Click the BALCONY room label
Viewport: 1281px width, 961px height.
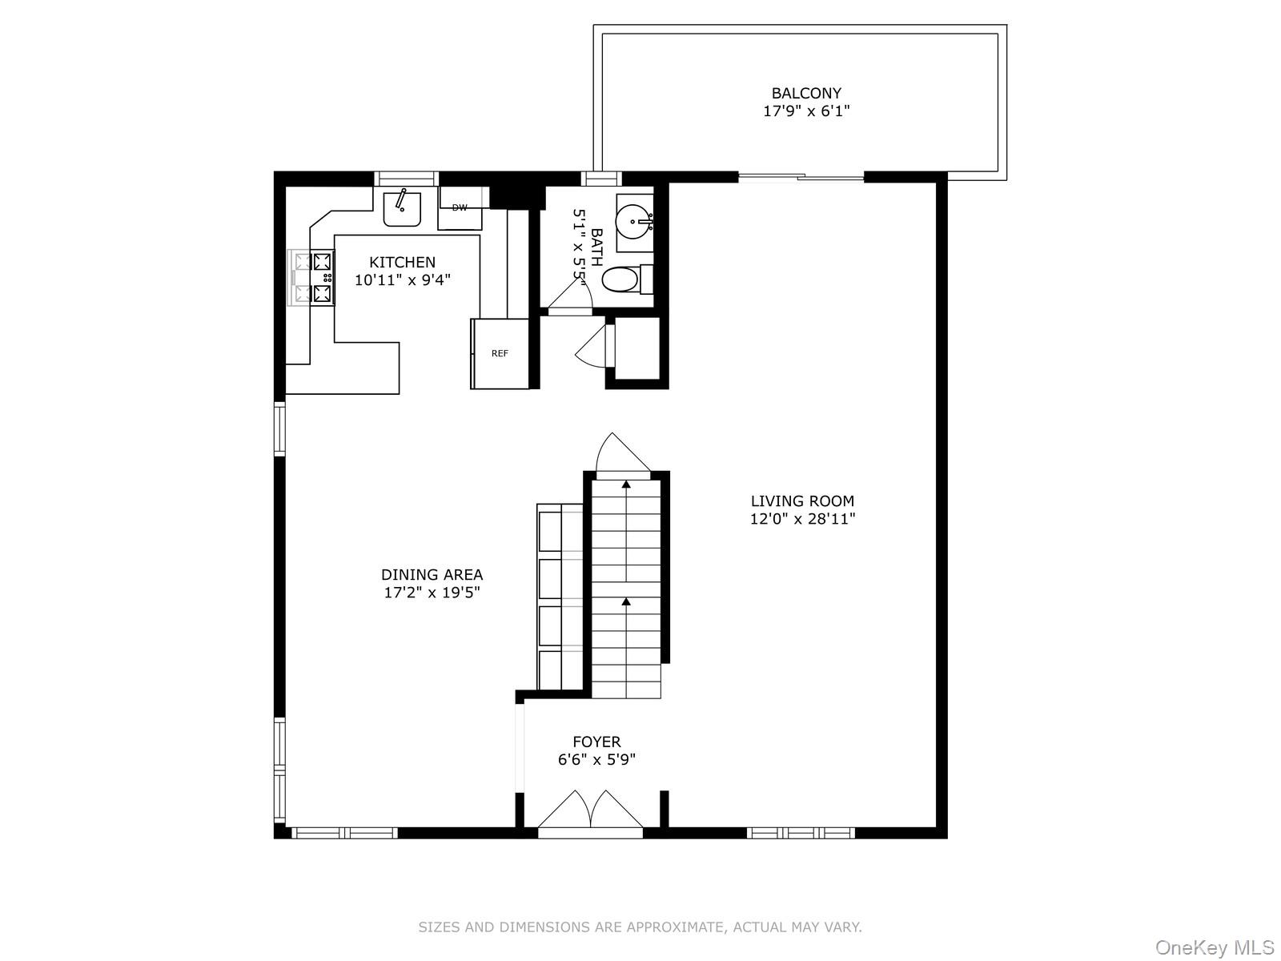pyautogui.click(x=805, y=94)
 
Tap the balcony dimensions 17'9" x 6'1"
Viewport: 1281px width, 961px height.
pyautogui.click(x=805, y=111)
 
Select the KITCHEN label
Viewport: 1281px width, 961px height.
pyautogui.click(x=402, y=262)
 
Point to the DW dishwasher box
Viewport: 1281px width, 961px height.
pyautogui.click(x=460, y=208)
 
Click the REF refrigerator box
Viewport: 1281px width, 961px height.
pyautogui.click(x=500, y=353)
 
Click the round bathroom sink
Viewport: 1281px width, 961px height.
pyautogui.click(x=635, y=216)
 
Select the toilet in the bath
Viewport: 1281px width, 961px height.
pyautogui.click(x=620, y=279)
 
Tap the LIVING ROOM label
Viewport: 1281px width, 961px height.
pyautogui.click(x=802, y=501)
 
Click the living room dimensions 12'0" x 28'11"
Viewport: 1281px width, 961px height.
pyautogui.click(x=802, y=519)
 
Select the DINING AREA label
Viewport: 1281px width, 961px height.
pyautogui.click(x=432, y=575)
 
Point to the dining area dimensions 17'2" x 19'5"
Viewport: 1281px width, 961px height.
pyautogui.click(x=432, y=593)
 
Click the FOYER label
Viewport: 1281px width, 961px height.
pyautogui.click(x=596, y=742)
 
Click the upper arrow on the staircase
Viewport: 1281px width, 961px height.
pyautogui.click(x=625, y=485)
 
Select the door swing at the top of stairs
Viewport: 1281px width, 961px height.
pyautogui.click(x=620, y=454)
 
